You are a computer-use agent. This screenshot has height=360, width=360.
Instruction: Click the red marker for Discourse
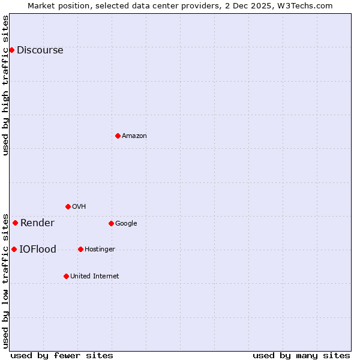12,50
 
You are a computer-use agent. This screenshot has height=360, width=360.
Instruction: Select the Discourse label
40,50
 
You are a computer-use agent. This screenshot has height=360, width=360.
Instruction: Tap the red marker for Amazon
118,136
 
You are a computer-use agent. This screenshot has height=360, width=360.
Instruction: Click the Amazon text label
134,136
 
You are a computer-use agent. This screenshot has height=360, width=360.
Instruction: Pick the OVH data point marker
68,206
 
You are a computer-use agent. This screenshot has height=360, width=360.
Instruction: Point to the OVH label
79,207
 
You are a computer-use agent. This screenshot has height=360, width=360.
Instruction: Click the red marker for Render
16,223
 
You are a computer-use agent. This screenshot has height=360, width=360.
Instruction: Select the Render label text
37,223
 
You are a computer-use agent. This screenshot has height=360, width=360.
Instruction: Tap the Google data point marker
111,223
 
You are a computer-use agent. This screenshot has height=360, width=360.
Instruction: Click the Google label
126,224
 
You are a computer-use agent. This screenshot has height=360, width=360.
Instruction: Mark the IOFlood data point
14,249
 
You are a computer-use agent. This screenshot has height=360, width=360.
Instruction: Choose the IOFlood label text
38,250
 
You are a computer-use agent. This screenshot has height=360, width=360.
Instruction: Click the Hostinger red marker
80,249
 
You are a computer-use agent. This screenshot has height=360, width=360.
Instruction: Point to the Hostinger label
100,250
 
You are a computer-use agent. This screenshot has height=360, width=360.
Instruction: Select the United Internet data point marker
66,276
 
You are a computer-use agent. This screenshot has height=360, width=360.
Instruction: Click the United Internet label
94,277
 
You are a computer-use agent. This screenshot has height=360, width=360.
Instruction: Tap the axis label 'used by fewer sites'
62,355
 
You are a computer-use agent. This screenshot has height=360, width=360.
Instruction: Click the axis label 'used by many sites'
301,355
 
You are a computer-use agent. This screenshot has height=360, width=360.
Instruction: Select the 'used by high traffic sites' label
5,85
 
